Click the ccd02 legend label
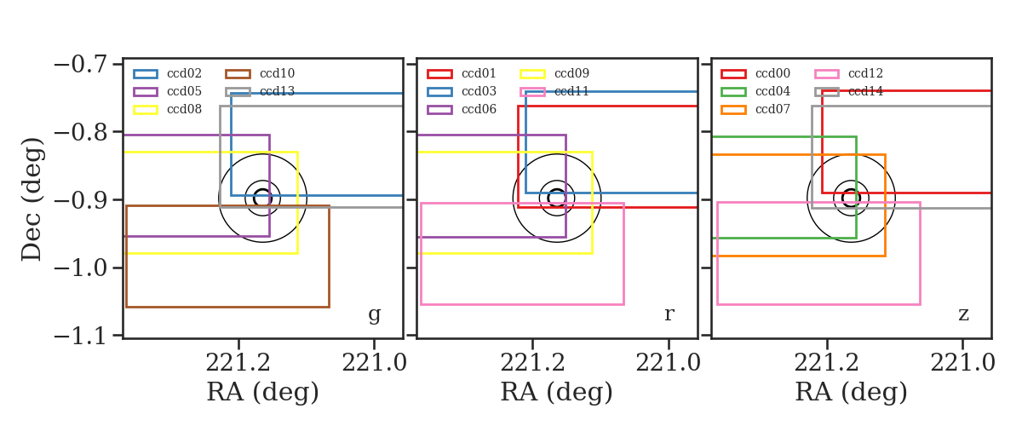pyautogui.click(x=184, y=73)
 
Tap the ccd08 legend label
pyautogui.click(x=184, y=109)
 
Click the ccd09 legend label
pyautogui.click(x=571, y=73)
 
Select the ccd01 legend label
pyautogui.click(x=479, y=73)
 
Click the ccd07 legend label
pyautogui.click(x=773, y=109)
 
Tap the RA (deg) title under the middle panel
pyautogui.click(x=557, y=392)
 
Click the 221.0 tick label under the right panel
pyautogui.click(x=962, y=364)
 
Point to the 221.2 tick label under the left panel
pyautogui.click(x=238, y=364)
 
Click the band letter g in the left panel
pyautogui.click(x=375, y=314)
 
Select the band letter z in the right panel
pyautogui.click(x=963, y=314)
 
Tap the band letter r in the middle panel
pyautogui.click(x=669, y=314)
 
